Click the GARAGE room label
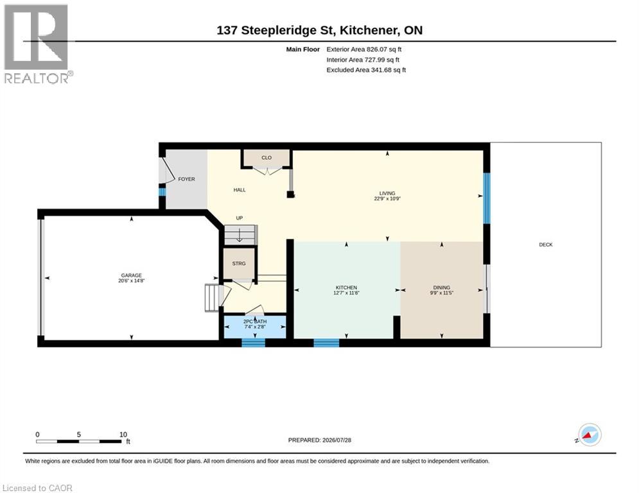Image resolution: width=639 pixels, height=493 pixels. (131, 275)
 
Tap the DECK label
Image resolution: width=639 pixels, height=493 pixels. (546, 245)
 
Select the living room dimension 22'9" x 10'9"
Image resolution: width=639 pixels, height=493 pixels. (387, 199)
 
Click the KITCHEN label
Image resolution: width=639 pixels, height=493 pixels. (346, 288)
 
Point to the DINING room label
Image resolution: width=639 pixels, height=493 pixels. (441, 288)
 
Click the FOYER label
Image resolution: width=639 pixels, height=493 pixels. (187, 179)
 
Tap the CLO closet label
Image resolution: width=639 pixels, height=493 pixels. (267, 158)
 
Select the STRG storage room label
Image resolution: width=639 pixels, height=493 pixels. (239, 264)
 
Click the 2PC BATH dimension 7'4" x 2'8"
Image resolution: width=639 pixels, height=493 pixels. (255, 326)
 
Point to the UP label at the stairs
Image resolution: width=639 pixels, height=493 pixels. (239, 218)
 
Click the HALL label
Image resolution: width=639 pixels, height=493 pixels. (240, 190)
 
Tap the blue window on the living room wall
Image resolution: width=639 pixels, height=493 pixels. (486, 198)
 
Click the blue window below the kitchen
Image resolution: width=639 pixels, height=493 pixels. (326, 343)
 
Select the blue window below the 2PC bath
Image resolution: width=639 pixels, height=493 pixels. (253, 343)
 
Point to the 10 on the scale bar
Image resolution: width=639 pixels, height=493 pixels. (123, 435)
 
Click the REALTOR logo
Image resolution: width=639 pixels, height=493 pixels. (37, 44)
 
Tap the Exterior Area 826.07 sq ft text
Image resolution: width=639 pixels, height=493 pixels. (364, 49)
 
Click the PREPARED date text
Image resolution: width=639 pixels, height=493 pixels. (320, 440)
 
